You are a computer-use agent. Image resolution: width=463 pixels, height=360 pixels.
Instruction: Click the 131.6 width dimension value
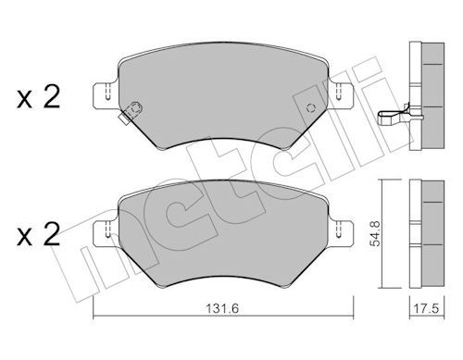[x=222, y=309]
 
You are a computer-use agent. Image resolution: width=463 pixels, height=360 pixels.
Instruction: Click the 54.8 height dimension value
[x=376, y=233]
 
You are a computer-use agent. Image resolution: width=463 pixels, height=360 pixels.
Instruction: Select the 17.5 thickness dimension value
[x=426, y=309]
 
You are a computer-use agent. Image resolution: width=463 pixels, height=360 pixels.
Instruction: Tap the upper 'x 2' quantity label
[x=38, y=98]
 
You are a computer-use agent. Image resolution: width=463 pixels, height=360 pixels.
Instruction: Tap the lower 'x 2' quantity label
[x=38, y=235]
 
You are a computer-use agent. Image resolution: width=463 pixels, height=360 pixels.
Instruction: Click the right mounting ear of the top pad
[x=341, y=95]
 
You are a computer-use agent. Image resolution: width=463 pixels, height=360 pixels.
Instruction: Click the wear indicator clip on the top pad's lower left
[x=131, y=113]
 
